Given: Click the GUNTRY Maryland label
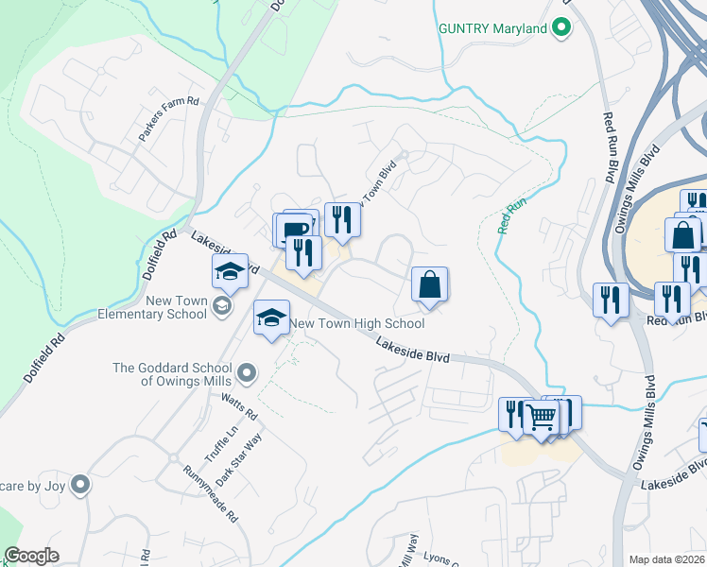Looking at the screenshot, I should click(493, 28).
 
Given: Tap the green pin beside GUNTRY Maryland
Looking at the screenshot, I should click(561, 28).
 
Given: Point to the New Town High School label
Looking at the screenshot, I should click(356, 323).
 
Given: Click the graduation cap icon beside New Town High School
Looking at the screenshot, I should click(271, 318).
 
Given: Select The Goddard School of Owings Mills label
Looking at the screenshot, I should click(172, 374).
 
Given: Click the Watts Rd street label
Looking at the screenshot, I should click(239, 407).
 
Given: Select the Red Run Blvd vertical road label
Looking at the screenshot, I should click(608, 147).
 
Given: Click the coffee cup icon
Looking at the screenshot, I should click(295, 230).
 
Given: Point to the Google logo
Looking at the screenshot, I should click(31, 556).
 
